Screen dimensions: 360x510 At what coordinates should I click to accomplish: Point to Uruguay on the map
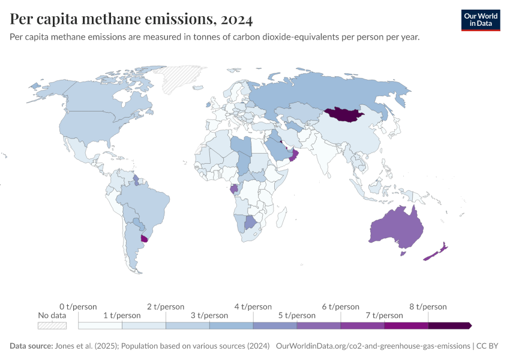(x=144, y=238)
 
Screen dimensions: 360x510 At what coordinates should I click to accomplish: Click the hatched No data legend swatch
(x=52, y=325)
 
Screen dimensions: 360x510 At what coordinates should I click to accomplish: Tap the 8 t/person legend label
(x=428, y=307)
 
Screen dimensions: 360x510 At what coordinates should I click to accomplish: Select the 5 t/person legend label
(x=297, y=315)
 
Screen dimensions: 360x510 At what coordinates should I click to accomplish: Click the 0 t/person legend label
(x=78, y=307)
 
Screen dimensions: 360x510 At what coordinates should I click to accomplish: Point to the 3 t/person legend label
(x=209, y=315)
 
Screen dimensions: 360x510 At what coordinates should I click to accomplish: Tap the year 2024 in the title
(x=236, y=19)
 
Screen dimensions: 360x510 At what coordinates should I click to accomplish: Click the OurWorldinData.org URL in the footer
(x=373, y=346)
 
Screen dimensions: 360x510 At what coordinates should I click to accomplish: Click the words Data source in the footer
(x=30, y=346)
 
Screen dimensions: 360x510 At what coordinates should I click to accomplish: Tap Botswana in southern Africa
(x=251, y=223)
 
